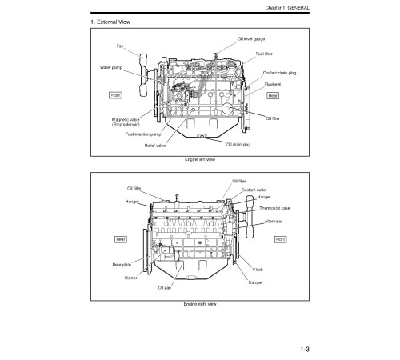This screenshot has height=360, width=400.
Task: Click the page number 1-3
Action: click(305, 349)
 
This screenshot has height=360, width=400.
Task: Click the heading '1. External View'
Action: click(110, 22)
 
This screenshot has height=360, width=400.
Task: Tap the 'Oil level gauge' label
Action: click(251, 39)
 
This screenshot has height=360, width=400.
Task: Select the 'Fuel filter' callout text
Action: click(264, 54)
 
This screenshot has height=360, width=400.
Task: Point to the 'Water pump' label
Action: click(111, 67)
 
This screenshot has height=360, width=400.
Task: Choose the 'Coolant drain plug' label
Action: click(279, 73)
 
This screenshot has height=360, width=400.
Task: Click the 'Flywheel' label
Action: click(273, 84)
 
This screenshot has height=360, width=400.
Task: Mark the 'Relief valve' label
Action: click(155, 146)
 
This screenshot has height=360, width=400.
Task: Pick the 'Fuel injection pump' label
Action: click(143, 134)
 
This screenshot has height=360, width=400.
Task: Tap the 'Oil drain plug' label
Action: click(238, 145)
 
